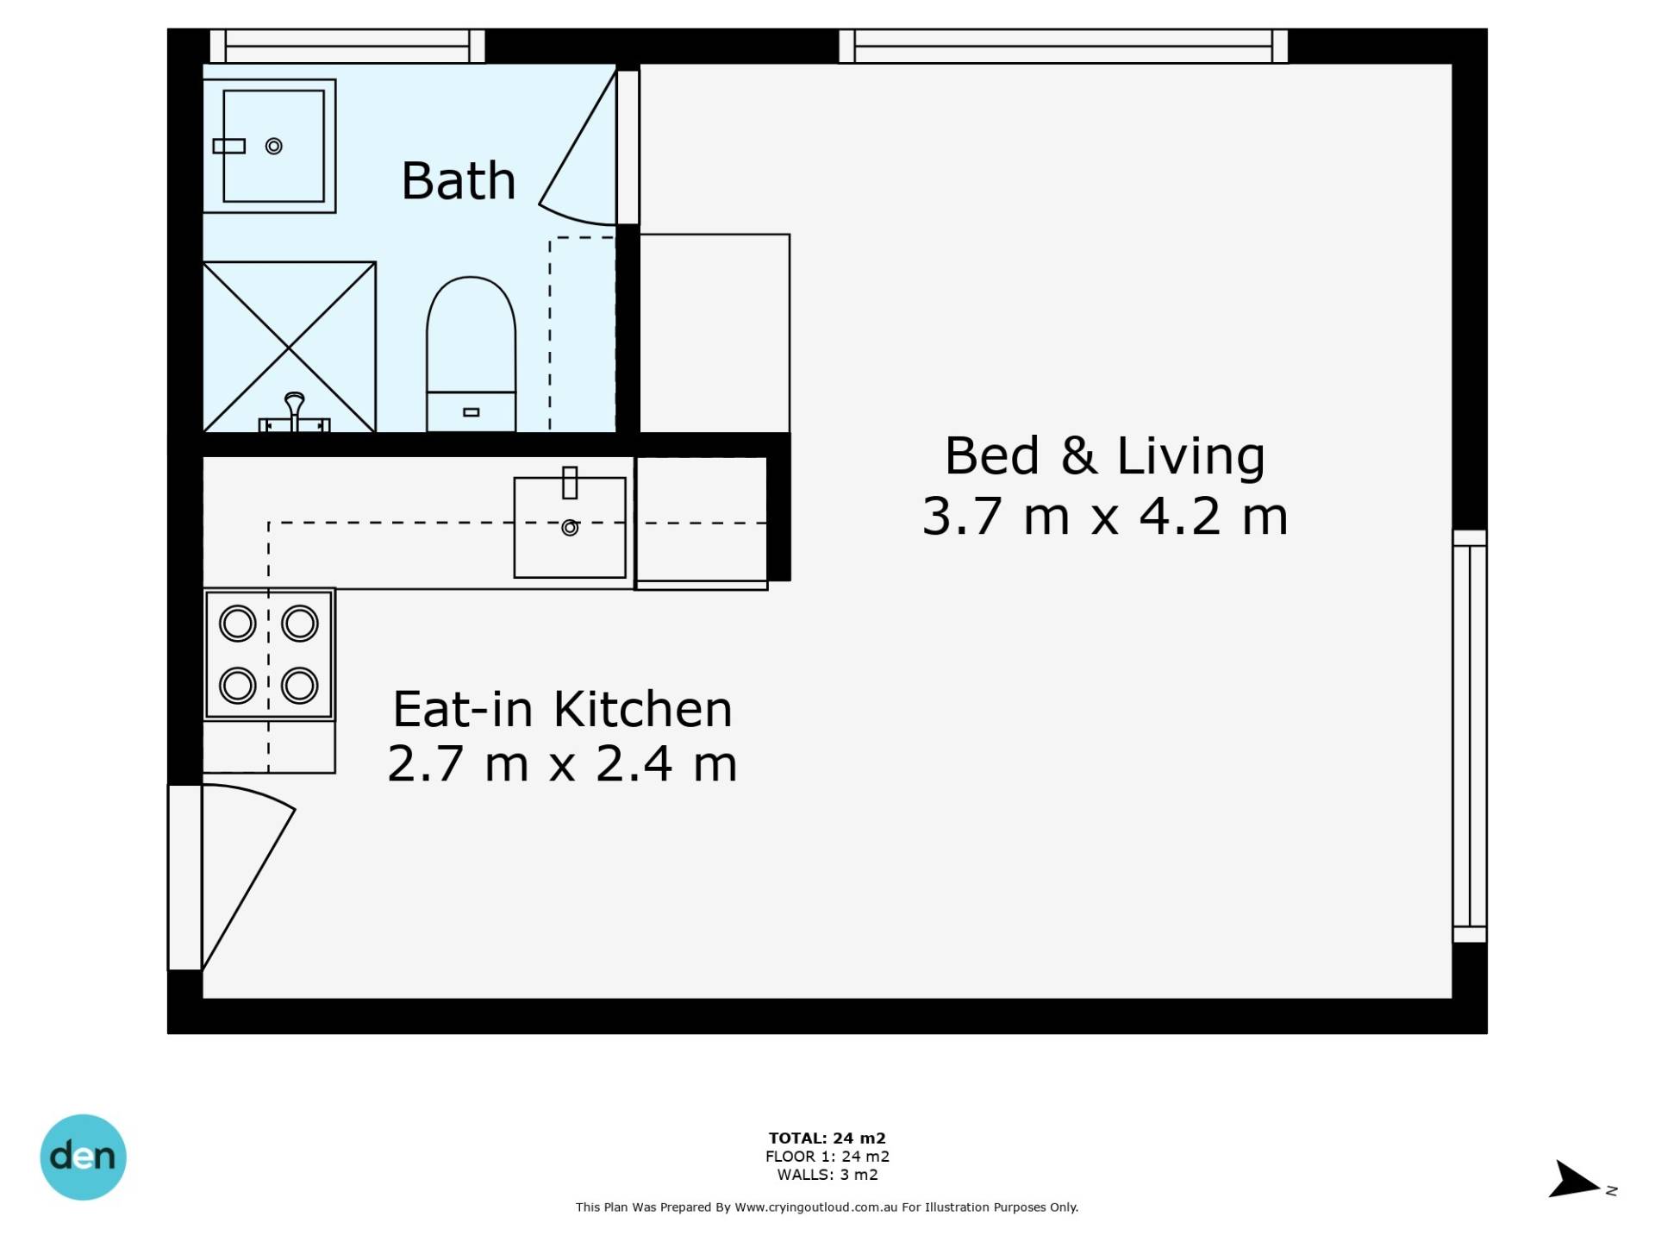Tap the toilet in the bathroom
pyautogui.click(x=471, y=354)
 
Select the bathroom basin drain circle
pyautogui.click(x=274, y=146)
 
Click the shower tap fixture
pyautogui.click(x=294, y=414)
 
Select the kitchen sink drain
pyautogui.click(x=570, y=527)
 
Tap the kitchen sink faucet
pyautogui.click(x=570, y=482)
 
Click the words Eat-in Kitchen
pyautogui.click(x=562, y=709)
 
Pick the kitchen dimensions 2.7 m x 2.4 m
pyautogui.click(x=562, y=763)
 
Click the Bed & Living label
pyautogui.click(x=1104, y=455)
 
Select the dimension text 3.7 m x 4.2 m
pyautogui.click(x=1104, y=516)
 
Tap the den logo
pyautogui.click(x=84, y=1157)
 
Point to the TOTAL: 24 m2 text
pyautogui.click(x=827, y=1138)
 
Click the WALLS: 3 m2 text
pyautogui.click(x=827, y=1174)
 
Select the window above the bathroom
pyautogui.click(x=347, y=46)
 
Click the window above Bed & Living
pyautogui.click(x=1064, y=46)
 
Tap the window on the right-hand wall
pyautogui.click(x=1470, y=736)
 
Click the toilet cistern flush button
pyautogui.click(x=471, y=412)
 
